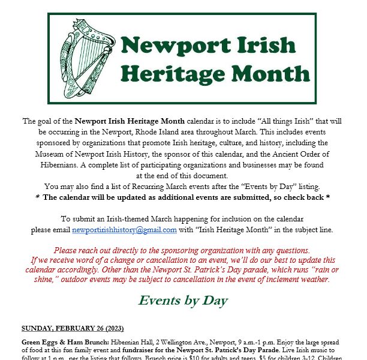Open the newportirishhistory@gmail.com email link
[x=124, y=230]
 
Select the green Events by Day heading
[x=183, y=300]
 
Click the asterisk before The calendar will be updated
[x=38, y=197]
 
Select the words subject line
[x=315, y=230]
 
